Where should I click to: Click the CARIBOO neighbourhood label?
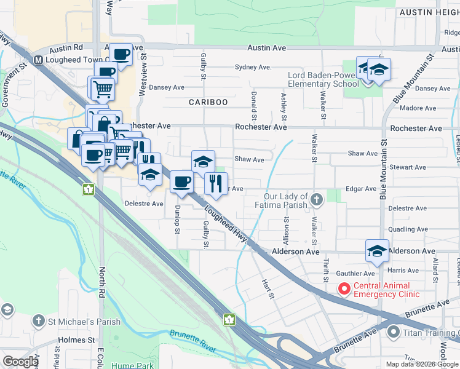(x=208, y=101)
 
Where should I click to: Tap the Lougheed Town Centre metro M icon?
(x=38, y=60)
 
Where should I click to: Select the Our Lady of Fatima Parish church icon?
(x=316, y=199)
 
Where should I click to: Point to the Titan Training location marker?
(x=394, y=332)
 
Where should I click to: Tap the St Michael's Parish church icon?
(x=38, y=320)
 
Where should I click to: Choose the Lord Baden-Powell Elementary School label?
(x=323, y=79)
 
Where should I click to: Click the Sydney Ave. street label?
(x=253, y=67)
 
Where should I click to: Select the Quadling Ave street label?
(x=408, y=229)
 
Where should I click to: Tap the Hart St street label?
(x=268, y=288)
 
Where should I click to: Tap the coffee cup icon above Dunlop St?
(x=181, y=182)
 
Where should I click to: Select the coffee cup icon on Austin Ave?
(x=121, y=54)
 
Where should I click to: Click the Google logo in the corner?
(x=20, y=362)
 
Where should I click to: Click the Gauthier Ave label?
(x=354, y=273)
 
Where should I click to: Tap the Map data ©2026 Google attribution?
(x=422, y=364)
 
